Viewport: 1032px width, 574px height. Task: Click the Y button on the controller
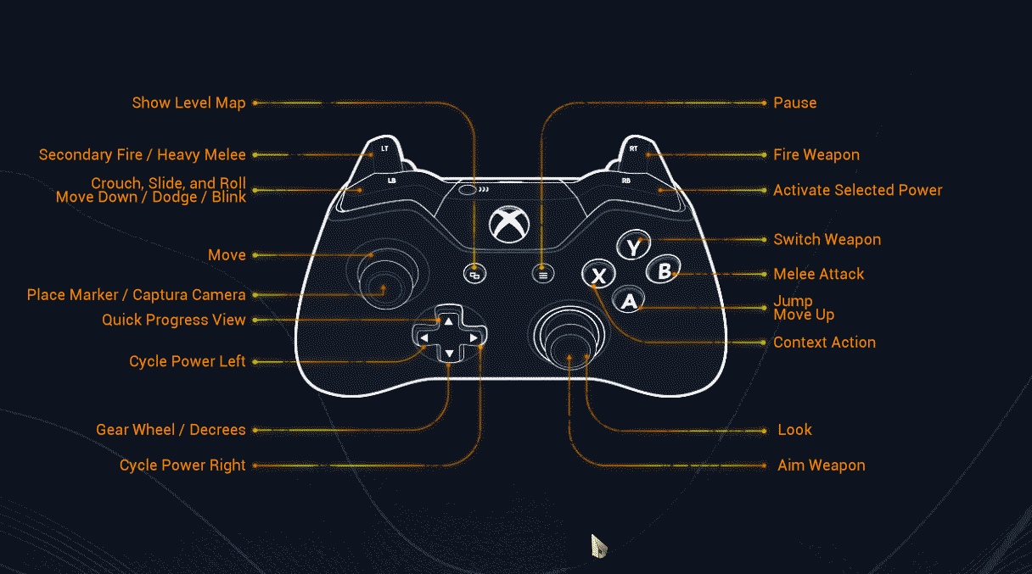point(633,247)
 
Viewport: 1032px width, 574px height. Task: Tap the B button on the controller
point(664,271)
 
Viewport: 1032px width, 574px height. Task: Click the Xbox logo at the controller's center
point(509,226)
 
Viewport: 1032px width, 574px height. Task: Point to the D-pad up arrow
point(448,320)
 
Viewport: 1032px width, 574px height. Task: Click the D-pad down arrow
point(448,354)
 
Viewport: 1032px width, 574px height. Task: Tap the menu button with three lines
point(543,274)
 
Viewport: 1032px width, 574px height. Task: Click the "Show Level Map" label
point(188,103)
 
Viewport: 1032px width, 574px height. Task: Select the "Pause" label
point(794,103)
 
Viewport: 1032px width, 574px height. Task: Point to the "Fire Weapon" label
point(816,154)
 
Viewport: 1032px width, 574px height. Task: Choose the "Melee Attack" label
point(818,274)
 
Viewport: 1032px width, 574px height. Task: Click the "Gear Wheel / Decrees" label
point(171,430)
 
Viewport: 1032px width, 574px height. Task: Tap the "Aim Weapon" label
point(821,465)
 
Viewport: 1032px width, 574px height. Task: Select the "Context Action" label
point(824,343)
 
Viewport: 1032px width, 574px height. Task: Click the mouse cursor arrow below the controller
point(598,544)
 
